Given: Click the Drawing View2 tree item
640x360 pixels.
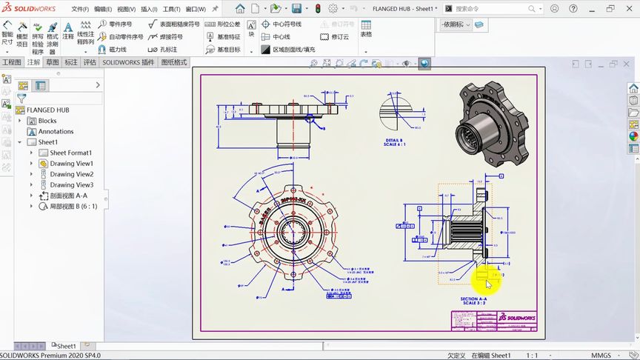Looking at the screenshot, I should (x=71, y=174).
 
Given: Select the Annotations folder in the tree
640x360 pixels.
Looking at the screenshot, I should (x=56, y=131).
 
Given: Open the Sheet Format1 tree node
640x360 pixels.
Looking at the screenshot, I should (x=70, y=153).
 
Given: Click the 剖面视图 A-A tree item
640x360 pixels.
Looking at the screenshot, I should (x=68, y=196).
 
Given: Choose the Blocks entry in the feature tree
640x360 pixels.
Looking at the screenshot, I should (x=47, y=121).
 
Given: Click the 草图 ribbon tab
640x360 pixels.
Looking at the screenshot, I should (x=52, y=63).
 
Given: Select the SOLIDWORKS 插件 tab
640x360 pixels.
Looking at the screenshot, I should (x=128, y=63).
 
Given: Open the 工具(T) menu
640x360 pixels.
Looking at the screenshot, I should (x=171, y=9).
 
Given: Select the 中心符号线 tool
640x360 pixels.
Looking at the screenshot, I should (x=286, y=24).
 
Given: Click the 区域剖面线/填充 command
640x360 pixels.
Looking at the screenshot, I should (x=293, y=50).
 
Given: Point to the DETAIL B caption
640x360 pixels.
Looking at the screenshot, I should (x=394, y=141).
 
